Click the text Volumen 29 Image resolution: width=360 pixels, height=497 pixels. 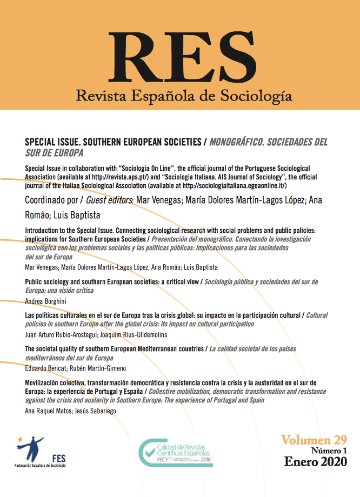tap(313, 439)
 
